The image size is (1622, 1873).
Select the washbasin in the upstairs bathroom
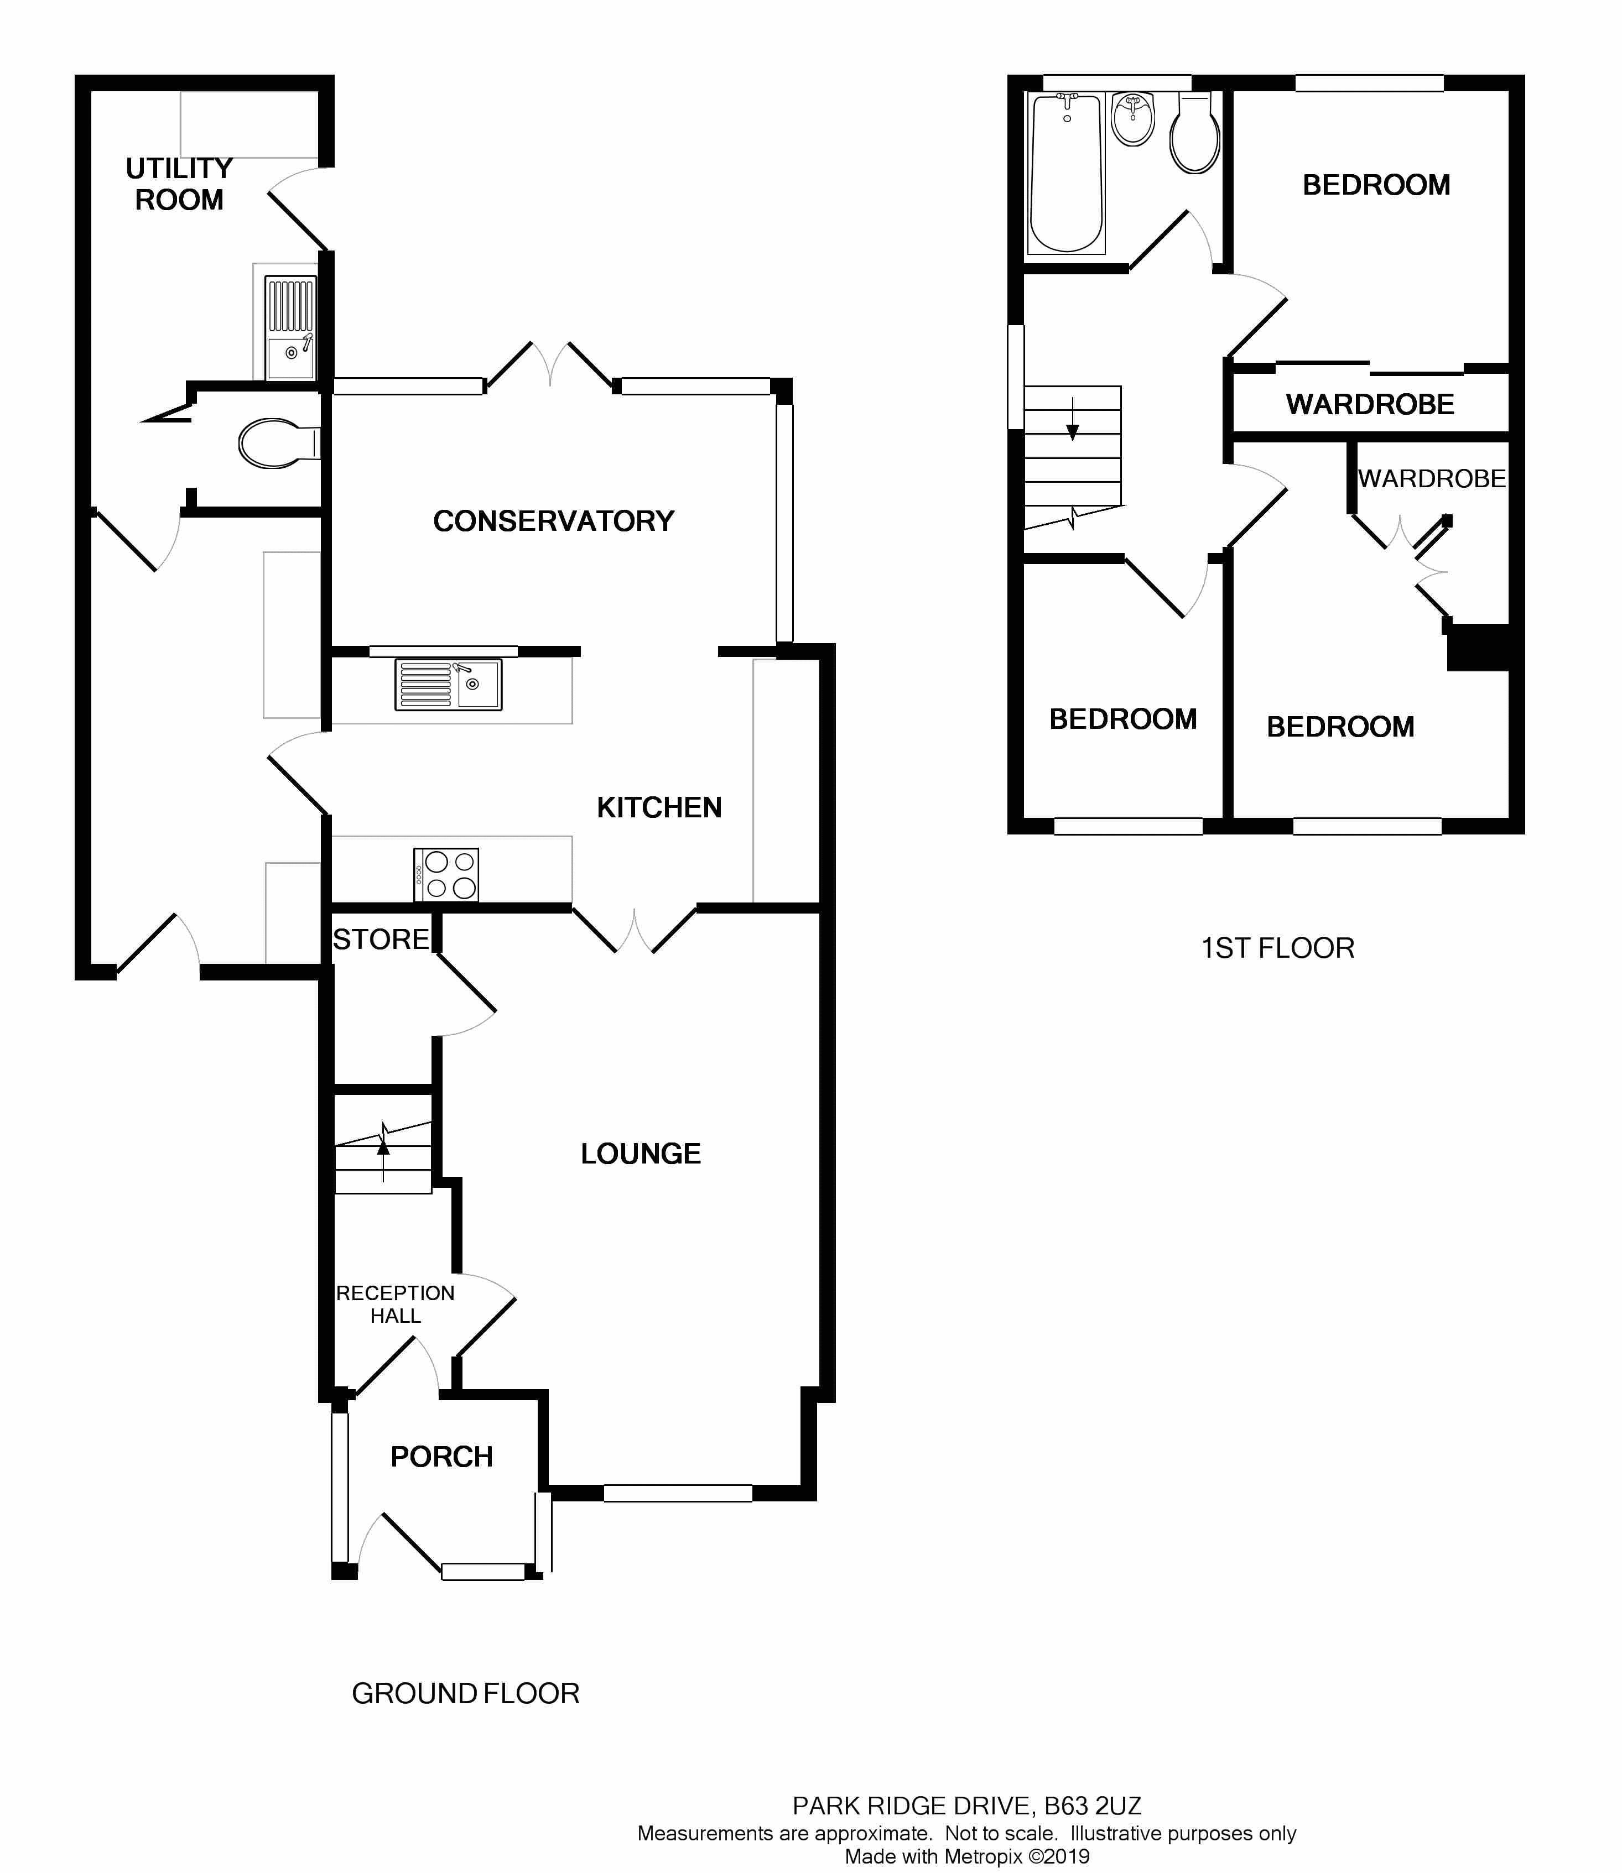click(1133, 119)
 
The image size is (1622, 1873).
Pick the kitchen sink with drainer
click(448, 685)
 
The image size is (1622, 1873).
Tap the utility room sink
click(290, 327)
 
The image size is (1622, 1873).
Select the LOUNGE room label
click(641, 1154)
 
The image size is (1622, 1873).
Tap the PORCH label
click(441, 1457)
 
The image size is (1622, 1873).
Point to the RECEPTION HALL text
click(396, 1304)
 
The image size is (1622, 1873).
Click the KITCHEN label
click(659, 808)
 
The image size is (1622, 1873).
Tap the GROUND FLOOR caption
click(465, 1694)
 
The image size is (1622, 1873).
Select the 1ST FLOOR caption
click(1277, 948)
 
